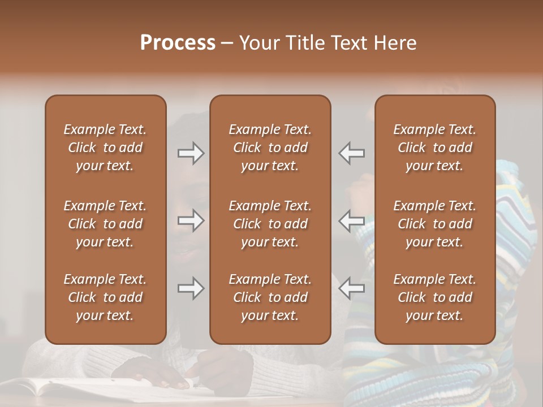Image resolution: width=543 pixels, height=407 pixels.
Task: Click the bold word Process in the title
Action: click(x=178, y=43)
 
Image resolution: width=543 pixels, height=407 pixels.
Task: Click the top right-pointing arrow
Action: click(x=191, y=153)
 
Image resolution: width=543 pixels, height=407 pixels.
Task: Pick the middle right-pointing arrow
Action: click(x=191, y=220)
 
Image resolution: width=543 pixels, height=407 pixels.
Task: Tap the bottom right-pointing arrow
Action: click(x=191, y=288)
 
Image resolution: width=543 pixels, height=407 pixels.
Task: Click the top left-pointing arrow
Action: click(x=352, y=153)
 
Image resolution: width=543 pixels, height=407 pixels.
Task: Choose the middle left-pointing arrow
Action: click(x=352, y=220)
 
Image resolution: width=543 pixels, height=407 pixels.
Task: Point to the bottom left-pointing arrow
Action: click(x=352, y=288)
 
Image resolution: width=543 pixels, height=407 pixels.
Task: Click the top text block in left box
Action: click(x=105, y=148)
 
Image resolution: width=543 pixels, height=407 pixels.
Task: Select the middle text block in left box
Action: click(x=105, y=224)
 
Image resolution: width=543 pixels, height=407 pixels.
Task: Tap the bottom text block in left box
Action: click(x=105, y=297)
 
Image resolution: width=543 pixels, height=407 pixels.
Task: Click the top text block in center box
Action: click(x=270, y=148)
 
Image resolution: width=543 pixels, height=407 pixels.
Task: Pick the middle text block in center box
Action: click(x=270, y=224)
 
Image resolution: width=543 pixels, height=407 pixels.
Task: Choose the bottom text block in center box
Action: click(x=270, y=297)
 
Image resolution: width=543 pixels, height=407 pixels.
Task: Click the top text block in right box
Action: click(x=435, y=148)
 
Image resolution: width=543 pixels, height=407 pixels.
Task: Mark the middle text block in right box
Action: click(x=435, y=224)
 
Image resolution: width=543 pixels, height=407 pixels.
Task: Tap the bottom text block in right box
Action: click(x=435, y=297)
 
